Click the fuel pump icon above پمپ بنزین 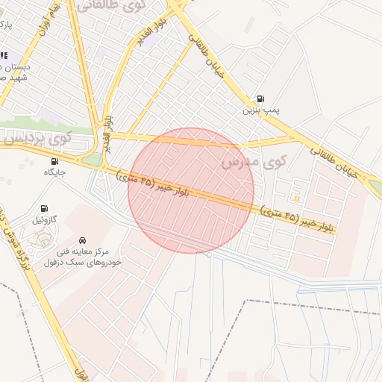click(260, 98)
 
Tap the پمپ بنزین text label click(260, 110)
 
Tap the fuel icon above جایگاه click(54, 161)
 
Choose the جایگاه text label click(55, 172)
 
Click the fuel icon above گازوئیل click(44, 208)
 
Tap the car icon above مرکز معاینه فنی click(82, 240)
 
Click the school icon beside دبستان click(3, 55)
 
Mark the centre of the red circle click(191, 190)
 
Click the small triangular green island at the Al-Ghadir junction click(92, 160)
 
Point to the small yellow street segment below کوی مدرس click(296, 198)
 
